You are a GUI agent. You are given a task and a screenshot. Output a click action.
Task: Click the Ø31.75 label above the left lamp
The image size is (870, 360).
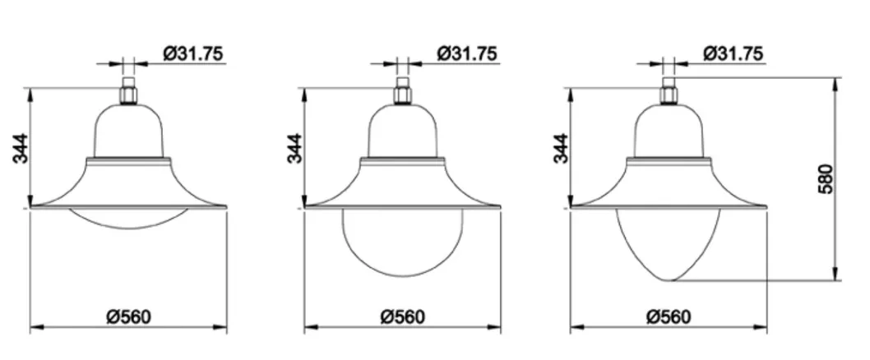[192, 53]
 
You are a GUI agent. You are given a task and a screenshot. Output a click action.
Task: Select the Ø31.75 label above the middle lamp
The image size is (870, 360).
[466, 53]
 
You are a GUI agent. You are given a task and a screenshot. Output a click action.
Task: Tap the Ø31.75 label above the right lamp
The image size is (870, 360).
[733, 53]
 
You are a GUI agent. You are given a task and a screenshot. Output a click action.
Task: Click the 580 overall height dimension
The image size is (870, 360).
[826, 179]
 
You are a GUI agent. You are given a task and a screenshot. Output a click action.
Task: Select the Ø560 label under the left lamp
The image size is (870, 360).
[129, 316]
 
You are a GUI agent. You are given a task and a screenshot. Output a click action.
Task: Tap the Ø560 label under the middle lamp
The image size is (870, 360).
[402, 316]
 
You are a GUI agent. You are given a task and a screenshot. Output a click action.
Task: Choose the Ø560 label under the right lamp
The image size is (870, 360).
[668, 316]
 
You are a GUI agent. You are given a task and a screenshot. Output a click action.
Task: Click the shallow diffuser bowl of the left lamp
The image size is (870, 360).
[129, 219]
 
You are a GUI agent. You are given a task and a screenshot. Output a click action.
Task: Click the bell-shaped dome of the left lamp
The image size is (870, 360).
[129, 132]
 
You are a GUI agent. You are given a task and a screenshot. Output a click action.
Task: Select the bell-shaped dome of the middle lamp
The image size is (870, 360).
[402, 132]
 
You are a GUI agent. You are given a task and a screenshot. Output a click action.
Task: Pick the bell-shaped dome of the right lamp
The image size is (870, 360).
[669, 132]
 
